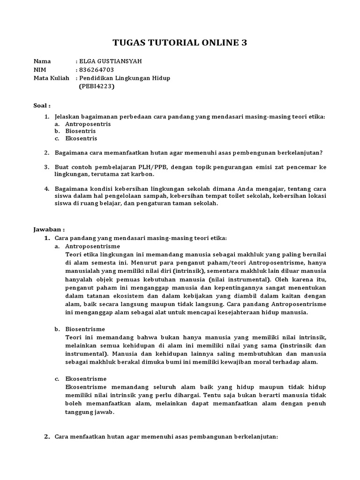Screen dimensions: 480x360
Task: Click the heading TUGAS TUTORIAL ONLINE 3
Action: coord(180,43)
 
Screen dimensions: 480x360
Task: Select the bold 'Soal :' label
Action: coord(42,105)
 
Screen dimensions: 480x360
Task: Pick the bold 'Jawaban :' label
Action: coord(49,230)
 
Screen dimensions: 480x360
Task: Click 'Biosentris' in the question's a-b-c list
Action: coord(80,131)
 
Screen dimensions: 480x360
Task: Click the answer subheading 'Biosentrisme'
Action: coord(85,329)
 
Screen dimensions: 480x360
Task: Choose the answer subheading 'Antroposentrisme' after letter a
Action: coord(92,246)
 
